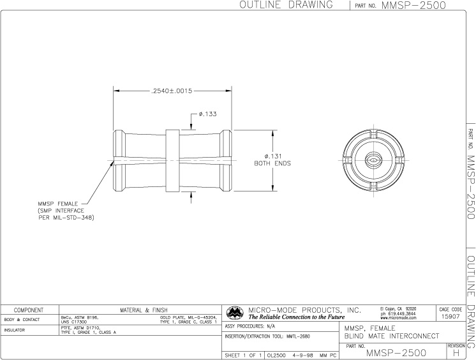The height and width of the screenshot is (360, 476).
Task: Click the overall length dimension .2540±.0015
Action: pos(172,91)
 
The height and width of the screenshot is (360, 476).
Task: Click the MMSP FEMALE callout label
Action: pos(59,204)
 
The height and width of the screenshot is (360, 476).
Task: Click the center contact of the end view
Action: pos(375,160)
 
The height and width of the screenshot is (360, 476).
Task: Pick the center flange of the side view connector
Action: pos(173,160)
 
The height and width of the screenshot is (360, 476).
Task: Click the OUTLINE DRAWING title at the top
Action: pos(286,5)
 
